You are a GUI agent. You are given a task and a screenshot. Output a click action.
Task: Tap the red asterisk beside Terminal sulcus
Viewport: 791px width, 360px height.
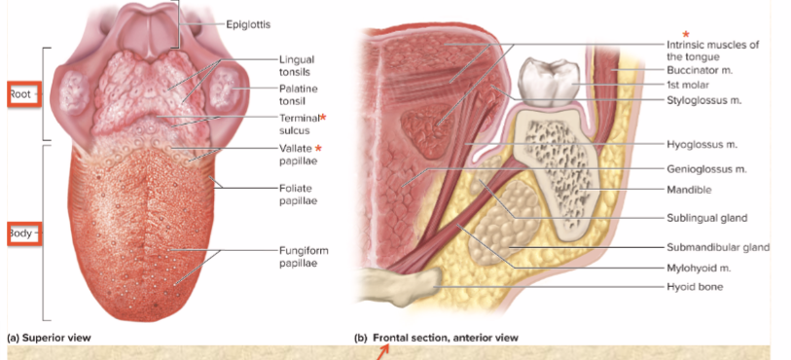point(323,118)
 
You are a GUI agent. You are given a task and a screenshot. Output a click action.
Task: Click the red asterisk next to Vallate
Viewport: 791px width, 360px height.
point(317,148)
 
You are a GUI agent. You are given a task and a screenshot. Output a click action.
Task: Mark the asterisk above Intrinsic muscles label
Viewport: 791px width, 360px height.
point(687,34)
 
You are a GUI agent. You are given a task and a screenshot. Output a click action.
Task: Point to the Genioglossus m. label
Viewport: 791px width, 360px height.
point(708,168)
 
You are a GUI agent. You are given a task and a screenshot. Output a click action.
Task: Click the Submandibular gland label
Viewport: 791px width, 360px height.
point(718,247)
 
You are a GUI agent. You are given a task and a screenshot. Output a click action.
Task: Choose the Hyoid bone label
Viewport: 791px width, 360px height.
point(698,287)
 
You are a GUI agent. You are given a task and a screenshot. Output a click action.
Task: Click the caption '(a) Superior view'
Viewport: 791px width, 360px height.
point(49,338)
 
